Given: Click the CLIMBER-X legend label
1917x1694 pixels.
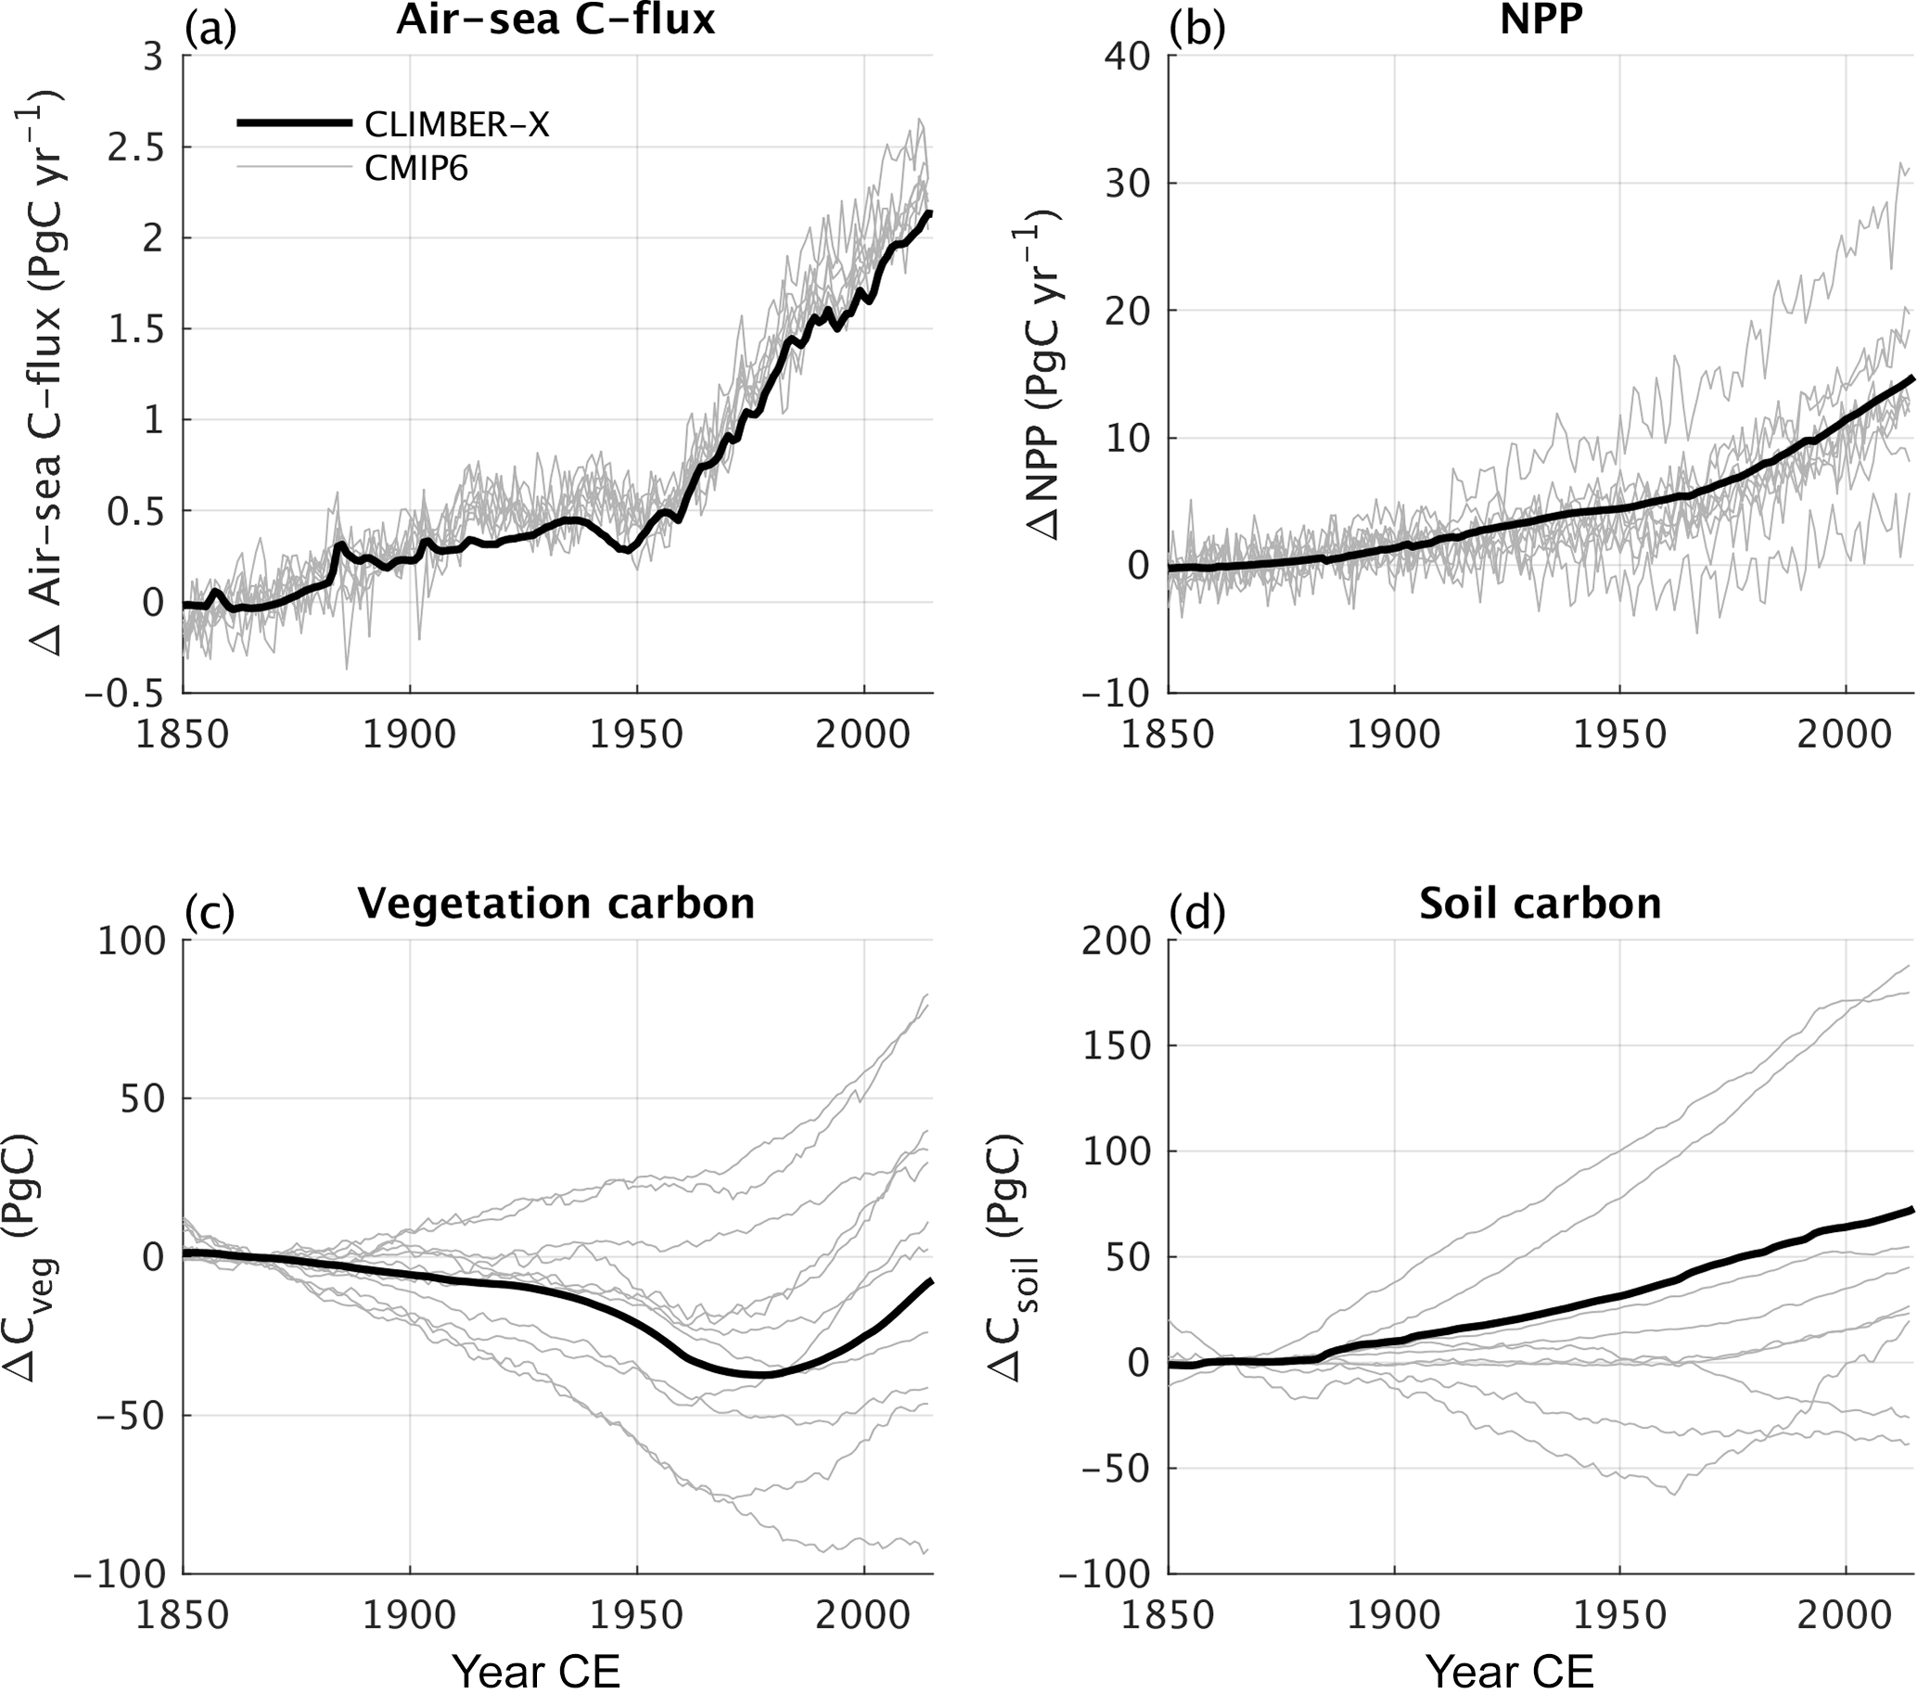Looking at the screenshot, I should (456, 124).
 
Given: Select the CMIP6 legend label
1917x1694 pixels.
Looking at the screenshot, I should (415, 170).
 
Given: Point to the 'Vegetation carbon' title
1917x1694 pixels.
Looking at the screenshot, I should (556, 904).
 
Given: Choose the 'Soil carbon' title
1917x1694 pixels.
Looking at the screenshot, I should (1540, 904).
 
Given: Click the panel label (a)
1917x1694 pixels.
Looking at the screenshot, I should (211, 28).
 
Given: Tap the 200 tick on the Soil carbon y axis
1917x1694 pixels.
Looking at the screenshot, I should (1116, 941).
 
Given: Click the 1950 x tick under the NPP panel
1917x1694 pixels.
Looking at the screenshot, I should (1619, 735).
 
